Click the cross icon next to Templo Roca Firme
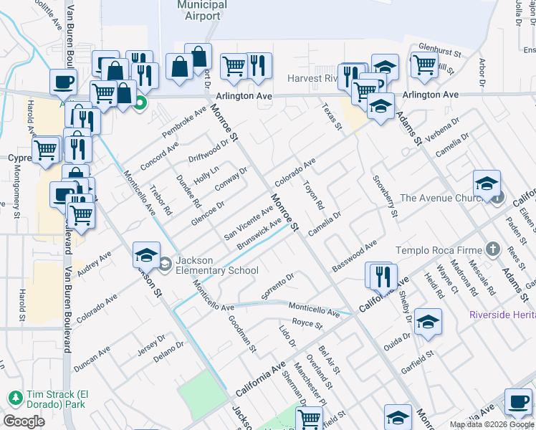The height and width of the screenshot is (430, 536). pyautogui.click(x=492, y=249)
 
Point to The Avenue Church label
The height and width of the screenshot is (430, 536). pyautogui.click(x=444, y=198)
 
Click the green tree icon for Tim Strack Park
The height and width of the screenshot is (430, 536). pyautogui.click(x=14, y=396)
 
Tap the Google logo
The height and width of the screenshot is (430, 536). pyautogui.click(x=24, y=421)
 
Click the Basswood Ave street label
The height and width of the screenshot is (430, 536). pyautogui.click(x=354, y=257)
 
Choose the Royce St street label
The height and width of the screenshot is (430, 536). pyautogui.click(x=308, y=324)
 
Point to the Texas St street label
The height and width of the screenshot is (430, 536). pyautogui.click(x=332, y=115)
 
